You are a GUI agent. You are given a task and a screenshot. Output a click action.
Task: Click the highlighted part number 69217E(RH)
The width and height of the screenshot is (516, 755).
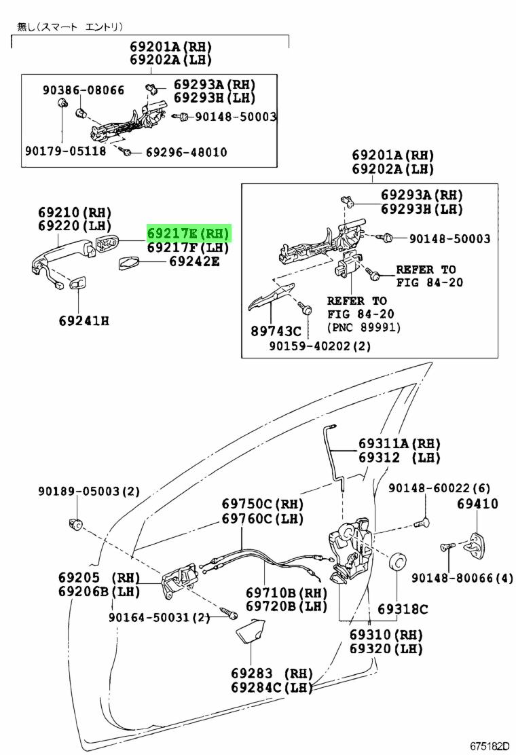(x=189, y=234)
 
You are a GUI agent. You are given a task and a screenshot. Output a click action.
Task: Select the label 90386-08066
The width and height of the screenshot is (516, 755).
(x=84, y=90)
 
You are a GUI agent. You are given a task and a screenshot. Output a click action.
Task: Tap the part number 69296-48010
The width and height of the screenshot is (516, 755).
(x=186, y=152)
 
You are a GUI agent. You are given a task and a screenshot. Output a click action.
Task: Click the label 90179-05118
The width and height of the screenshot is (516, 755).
(x=66, y=151)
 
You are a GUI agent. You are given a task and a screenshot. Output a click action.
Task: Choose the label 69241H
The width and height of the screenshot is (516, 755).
(x=83, y=320)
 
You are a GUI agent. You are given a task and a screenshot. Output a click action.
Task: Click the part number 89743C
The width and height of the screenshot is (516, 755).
(x=275, y=331)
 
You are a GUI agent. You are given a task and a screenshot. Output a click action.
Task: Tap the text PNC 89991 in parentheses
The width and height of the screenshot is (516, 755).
(x=364, y=328)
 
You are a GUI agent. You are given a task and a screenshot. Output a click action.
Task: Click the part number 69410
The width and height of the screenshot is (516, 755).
(x=477, y=504)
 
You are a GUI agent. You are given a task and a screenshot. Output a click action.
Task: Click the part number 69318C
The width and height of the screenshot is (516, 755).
(x=403, y=608)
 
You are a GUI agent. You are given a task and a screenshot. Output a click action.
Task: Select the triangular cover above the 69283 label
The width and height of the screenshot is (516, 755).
(x=251, y=632)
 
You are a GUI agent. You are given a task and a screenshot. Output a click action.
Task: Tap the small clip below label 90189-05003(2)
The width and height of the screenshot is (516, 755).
(x=75, y=523)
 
